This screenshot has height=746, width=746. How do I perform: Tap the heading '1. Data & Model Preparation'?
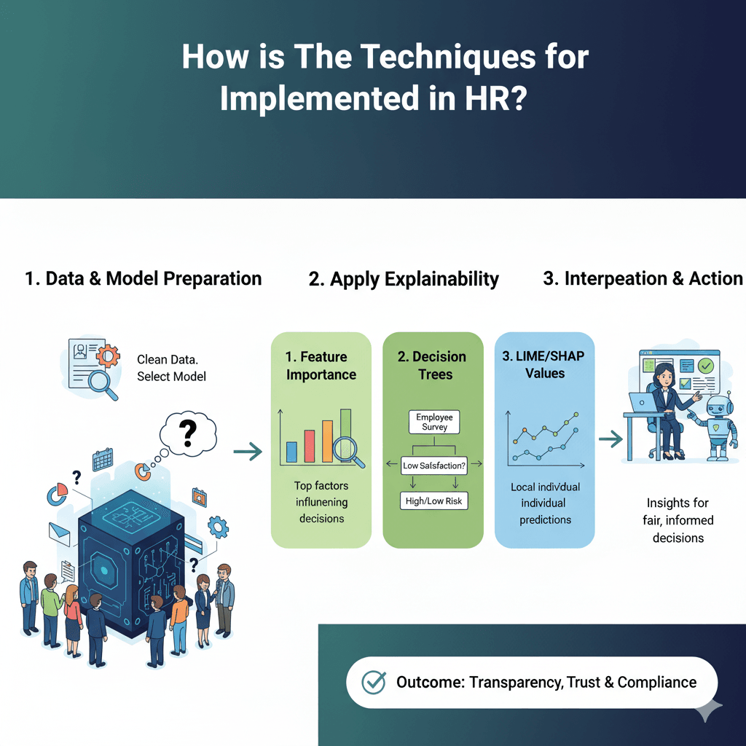point(144,279)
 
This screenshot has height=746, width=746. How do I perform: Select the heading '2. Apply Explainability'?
point(404,279)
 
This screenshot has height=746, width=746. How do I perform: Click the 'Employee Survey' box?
point(434,422)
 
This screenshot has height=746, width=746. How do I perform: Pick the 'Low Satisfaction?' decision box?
point(434,466)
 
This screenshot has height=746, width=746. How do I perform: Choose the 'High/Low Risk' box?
point(434,501)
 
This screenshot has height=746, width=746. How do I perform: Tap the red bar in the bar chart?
point(310,447)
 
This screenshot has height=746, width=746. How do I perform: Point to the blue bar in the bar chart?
point(291,452)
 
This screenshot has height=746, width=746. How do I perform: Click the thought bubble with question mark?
point(188,433)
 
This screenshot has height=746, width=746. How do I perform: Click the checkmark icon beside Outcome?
point(374,683)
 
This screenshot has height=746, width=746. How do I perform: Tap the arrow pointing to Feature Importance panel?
point(248,451)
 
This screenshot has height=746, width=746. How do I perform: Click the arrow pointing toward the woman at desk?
point(611,439)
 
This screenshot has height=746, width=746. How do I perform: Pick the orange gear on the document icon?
point(108,356)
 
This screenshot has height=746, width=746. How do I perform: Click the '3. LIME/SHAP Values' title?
point(543,364)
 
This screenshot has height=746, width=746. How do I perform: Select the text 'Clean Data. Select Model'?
point(171,368)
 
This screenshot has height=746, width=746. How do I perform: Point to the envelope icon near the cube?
point(60,534)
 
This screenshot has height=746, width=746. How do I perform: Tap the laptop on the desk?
point(643,403)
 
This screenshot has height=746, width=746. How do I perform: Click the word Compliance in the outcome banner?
point(657,682)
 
